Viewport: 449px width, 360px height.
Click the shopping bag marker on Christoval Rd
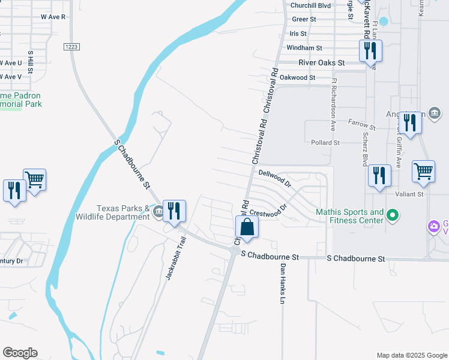pos(247,228)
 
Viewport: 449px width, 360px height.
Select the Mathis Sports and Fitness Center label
pos(351,216)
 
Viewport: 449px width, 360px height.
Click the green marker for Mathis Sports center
pos(393,214)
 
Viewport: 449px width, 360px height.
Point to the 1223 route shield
pos(71,46)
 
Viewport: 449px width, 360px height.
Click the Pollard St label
pos(325,143)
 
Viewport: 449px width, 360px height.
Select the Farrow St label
pos(361,125)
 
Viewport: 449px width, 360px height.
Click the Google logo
pos(20,353)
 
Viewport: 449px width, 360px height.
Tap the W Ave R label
pos(53,17)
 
